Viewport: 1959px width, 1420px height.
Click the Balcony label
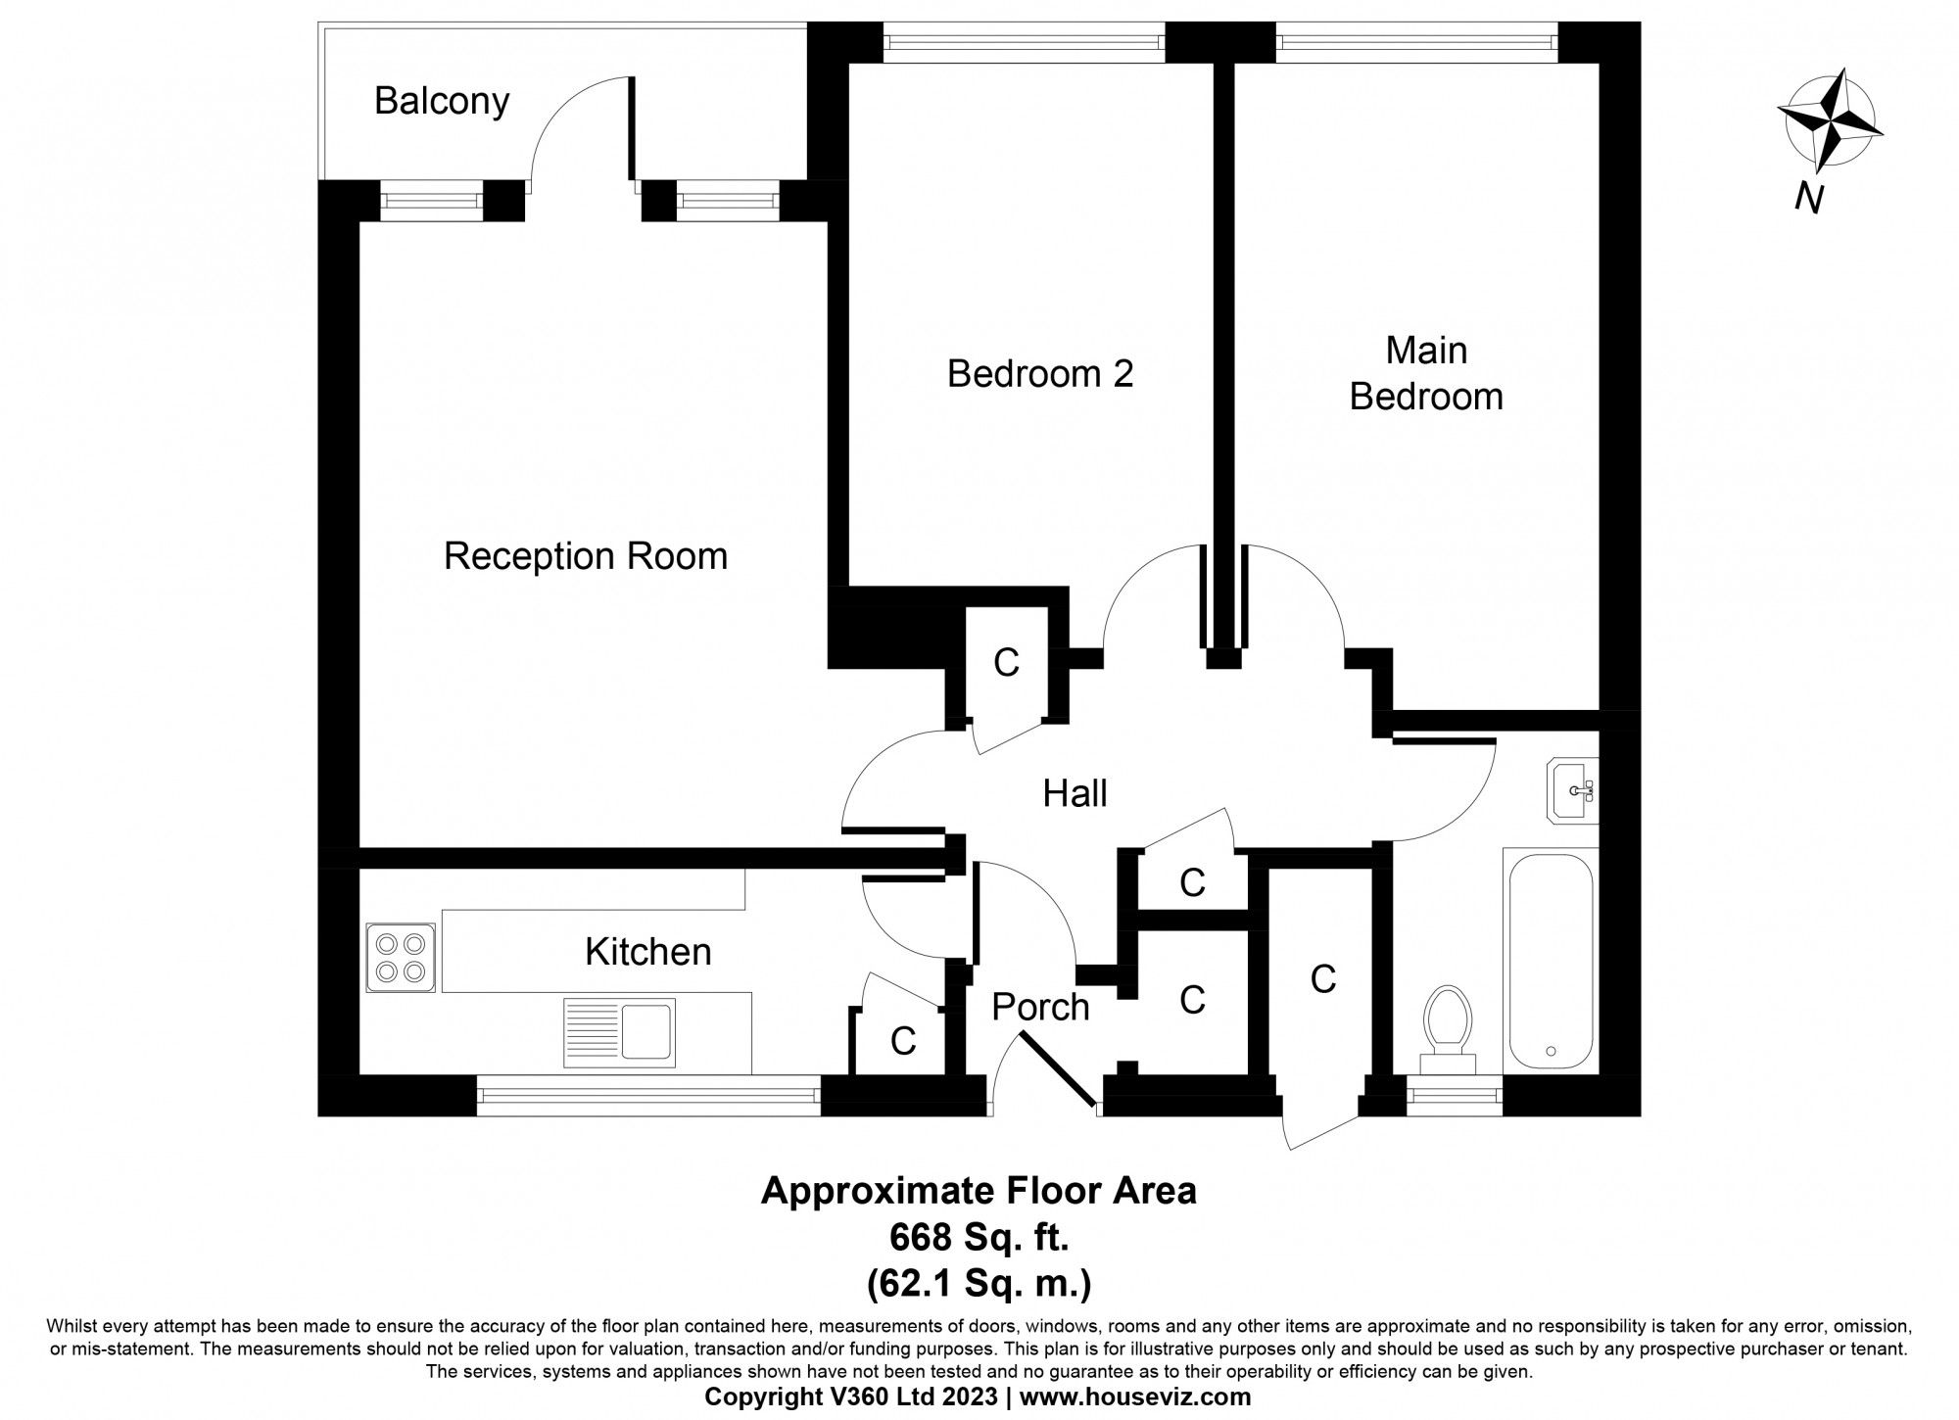click(442, 102)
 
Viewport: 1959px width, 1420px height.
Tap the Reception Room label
click(585, 556)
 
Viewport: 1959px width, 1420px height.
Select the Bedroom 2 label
click(1039, 374)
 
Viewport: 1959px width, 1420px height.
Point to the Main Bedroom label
click(1426, 374)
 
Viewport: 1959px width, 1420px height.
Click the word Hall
click(1075, 793)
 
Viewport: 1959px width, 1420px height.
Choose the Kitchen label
click(647, 952)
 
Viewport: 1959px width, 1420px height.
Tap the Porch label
click(1039, 1007)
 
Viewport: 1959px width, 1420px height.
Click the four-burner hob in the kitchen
click(400, 958)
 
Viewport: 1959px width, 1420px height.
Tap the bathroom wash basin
click(1575, 788)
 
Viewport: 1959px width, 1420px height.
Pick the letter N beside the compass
click(1808, 199)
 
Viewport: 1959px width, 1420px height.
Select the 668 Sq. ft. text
click(979, 1238)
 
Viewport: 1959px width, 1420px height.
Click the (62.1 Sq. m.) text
click(979, 1283)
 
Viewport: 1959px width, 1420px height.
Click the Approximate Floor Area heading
click(979, 1191)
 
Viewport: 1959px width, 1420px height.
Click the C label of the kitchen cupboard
click(902, 1041)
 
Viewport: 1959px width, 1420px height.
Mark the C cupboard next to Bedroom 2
click(1006, 663)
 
